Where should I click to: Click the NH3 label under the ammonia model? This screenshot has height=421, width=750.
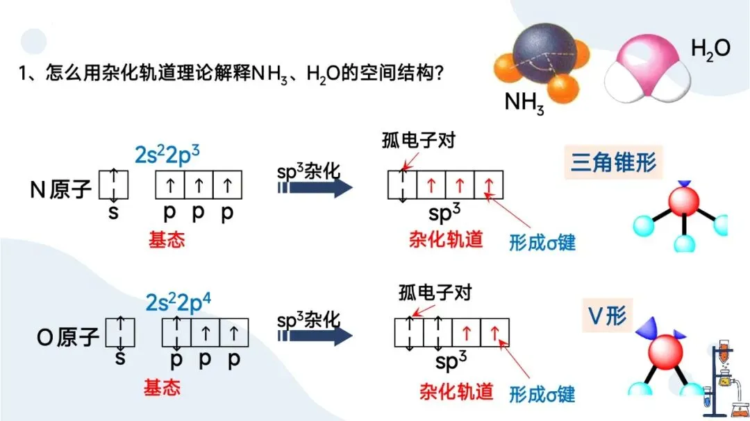(x=524, y=103)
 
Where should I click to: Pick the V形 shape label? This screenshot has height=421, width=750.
(x=603, y=316)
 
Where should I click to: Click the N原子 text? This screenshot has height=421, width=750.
(x=61, y=189)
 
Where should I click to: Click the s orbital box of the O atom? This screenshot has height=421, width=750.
(x=119, y=332)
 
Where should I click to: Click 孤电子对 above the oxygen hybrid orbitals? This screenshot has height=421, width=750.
(x=435, y=292)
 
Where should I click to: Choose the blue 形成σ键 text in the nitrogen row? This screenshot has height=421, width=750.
(x=542, y=243)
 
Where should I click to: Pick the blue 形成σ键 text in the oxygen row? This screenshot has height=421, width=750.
(x=542, y=394)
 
